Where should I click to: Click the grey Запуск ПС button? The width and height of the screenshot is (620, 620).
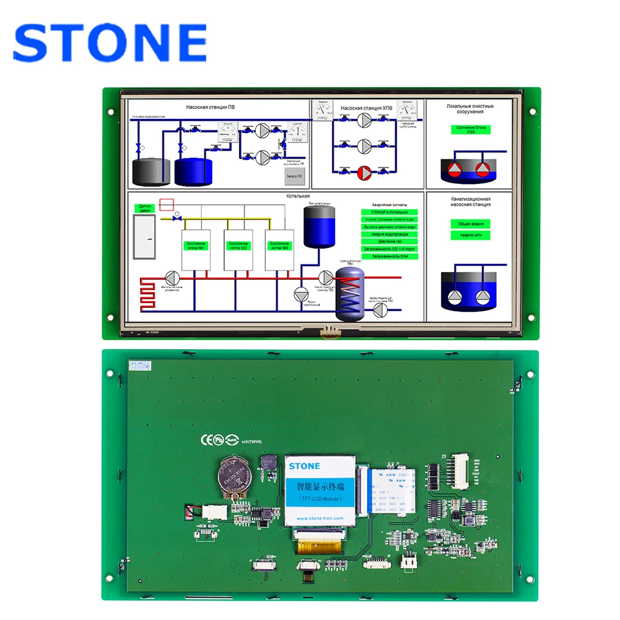tap(294, 175)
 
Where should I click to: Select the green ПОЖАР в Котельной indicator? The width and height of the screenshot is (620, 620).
tap(390, 212)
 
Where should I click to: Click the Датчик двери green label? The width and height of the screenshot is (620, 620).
tap(146, 208)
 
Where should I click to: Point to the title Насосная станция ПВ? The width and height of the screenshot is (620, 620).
tap(211, 107)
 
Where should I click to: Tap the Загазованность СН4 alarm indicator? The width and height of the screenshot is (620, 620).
tap(390, 256)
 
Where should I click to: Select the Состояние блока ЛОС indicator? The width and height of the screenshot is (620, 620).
tap(471, 129)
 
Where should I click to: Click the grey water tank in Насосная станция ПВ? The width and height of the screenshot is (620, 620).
tap(152, 172)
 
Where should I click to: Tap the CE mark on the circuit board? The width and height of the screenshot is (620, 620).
tap(206, 439)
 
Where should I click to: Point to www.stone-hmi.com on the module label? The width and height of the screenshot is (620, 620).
tap(320, 518)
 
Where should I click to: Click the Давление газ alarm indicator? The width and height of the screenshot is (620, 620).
tap(390, 242)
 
